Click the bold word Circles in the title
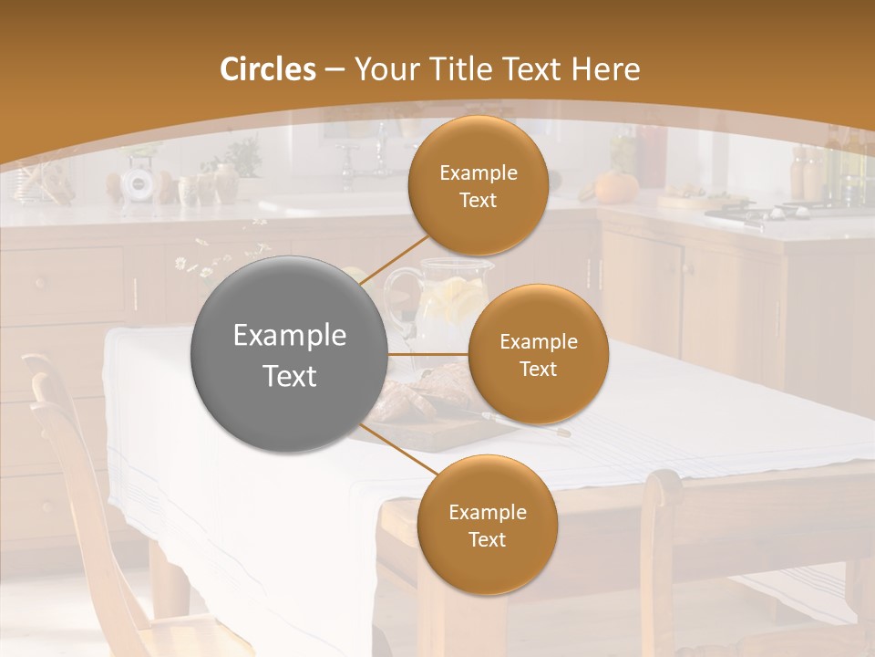(268, 69)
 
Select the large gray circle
(290, 354)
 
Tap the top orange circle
(478, 185)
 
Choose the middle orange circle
(538, 354)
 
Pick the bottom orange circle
(487, 525)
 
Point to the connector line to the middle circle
(428, 354)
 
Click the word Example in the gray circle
(290, 336)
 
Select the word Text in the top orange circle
(478, 200)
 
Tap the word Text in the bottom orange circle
(487, 539)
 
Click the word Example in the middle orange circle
(538, 341)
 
